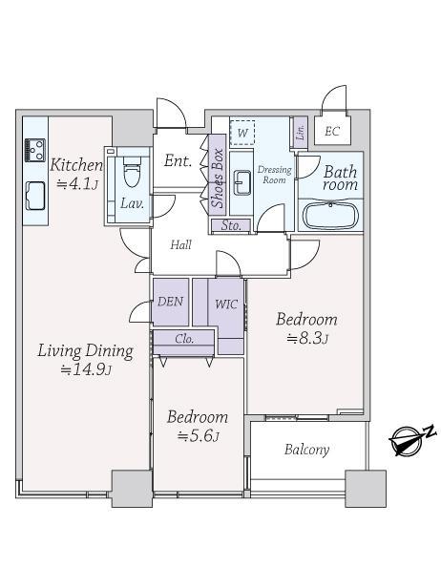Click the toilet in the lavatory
(132, 172)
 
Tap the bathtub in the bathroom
(330, 216)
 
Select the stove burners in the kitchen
(35, 151)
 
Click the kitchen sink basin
(35, 196)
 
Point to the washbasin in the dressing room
(242, 182)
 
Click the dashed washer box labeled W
(242, 133)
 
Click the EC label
(332, 132)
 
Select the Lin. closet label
(301, 132)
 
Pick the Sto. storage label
(231, 225)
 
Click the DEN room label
(170, 302)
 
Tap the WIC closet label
(226, 304)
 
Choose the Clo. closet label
(184, 339)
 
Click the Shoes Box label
(218, 178)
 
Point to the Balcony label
(306, 450)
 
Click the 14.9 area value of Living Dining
(86, 370)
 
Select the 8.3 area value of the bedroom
(307, 339)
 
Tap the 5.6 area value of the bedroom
(198, 436)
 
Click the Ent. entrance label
(178, 161)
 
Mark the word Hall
(180, 245)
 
